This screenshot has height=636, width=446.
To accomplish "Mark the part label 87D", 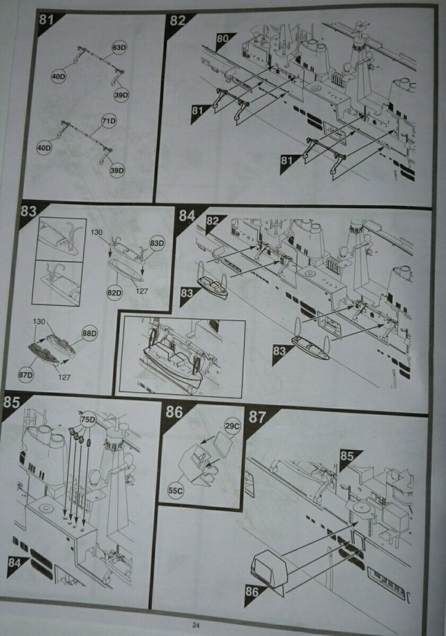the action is point(27,374).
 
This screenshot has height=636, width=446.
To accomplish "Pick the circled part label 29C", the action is point(231,425).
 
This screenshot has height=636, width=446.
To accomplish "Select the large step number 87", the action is point(258,417).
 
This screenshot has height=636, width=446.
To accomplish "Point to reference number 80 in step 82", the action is point(222,38).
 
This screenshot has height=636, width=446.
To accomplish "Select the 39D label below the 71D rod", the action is point(116,170).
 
